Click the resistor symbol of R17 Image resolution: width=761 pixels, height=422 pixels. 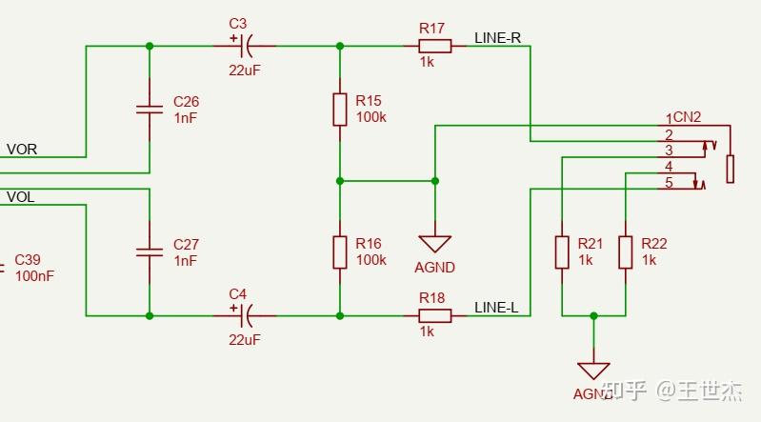pyautogui.click(x=434, y=46)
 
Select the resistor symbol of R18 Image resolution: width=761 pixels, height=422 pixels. pyautogui.click(x=434, y=315)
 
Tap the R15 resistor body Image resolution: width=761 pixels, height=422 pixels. pyautogui.click(x=340, y=110)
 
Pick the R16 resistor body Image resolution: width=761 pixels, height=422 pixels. pyautogui.click(x=340, y=252)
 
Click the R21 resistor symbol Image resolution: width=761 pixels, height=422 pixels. pyautogui.click(x=562, y=252)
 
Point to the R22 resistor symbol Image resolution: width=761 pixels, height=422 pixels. pyautogui.click(x=625, y=252)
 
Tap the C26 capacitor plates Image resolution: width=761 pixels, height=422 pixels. pyautogui.click(x=150, y=110)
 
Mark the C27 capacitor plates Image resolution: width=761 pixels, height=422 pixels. pyautogui.click(x=150, y=252)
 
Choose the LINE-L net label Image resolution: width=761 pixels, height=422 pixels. pyautogui.click(x=496, y=307)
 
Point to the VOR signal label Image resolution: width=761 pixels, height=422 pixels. pyautogui.click(x=22, y=150)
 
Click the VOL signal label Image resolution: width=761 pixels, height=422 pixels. pyautogui.click(x=21, y=197)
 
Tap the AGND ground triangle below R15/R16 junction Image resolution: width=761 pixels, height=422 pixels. pyautogui.click(x=434, y=244)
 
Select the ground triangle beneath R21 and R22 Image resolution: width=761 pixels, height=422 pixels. pyautogui.click(x=593, y=370)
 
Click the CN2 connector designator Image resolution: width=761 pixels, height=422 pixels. pyautogui.click(x=688, y=117)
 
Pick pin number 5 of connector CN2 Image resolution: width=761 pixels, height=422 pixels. pyautogui.click(x=669, y=183)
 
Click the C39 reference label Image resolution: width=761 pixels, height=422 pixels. pyautogui.click(x=28, y=260)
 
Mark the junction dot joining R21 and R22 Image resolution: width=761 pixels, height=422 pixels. pyautogui.click(x=593, y=315)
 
